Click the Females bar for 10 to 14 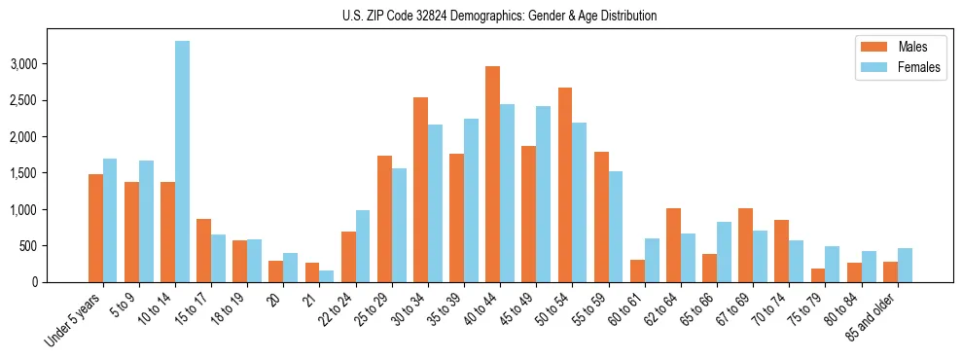pos(182,162)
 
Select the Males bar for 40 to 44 pos(492,174)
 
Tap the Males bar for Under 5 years pos(95,228)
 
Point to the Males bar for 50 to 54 pos(564,185)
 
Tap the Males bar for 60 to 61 pos(636,270)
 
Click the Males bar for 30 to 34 pos(420,190)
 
